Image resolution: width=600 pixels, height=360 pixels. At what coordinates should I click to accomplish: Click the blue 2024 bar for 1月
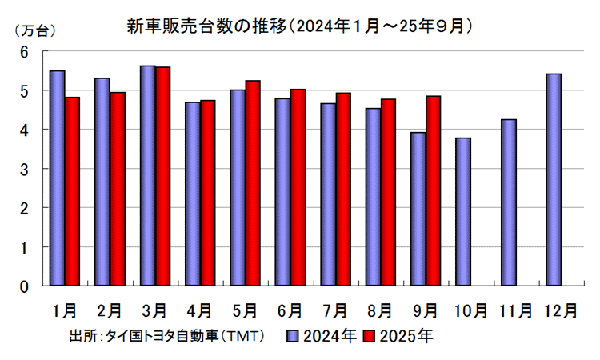pyautogui.click(x=57, y=178)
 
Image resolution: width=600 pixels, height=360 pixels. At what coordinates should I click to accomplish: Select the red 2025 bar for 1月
pyautogui.click(x=72, y=191)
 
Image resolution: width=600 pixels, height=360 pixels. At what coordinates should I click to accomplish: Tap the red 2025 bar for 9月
pyautogui.click(x=433, y=190)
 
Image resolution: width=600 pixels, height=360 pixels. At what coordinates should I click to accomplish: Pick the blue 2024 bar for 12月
pyautogui.click(x=554, y=179)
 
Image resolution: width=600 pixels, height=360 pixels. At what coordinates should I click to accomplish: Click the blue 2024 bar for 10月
pyautogui.click(x=463, y=211)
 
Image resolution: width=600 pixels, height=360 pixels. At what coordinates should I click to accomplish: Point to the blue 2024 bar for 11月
pyautogui.click(x=508, y=202)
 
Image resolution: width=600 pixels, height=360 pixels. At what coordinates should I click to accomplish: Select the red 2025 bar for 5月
pyautogui.click(x=253, y=182)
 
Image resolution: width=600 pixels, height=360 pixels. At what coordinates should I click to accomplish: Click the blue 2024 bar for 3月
pyautogui.click(x=147, y=175)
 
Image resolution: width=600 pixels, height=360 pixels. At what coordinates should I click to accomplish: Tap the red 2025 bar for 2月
pyautogui.click(x=118, y=189)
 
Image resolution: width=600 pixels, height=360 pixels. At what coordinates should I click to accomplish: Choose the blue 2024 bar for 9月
pyautogui.click(x=418, y=209)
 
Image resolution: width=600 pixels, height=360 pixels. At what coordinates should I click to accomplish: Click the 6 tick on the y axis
pyautogui.click(x=24, y=52)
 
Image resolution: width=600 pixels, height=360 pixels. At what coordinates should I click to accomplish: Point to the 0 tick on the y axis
pyautogui.click(x=24, y=286)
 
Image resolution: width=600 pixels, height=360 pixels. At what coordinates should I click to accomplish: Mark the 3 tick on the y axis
pyautogui.click(x=24, y=169)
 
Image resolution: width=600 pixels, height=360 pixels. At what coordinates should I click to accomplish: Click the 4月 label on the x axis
pyautogui.click(x=199, y=309)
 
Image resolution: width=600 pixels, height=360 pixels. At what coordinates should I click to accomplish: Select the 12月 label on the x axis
pyautogui.click(x=560, y=309)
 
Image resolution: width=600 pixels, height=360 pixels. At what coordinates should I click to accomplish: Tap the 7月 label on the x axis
pyautogui.click(x=335, y=309)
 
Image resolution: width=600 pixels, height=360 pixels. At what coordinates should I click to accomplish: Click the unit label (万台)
pyautogui.click(x=34, y=31)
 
